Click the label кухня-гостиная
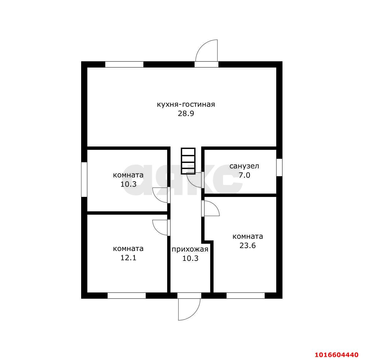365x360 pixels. click(x=186, y=105)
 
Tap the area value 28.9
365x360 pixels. click(x=186, y=114)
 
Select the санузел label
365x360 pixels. click(x=244, y=166)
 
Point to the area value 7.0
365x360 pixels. click(x=244, y=175)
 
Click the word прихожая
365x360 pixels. click(x=190, y=249)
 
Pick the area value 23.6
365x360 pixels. click(x=248, y=245)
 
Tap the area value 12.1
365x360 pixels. click(x=128, y=258)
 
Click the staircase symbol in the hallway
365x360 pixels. click(x=188, y=161)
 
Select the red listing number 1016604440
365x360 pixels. click(x=336, y=355)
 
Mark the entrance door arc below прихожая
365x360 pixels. click(x=195, y=315)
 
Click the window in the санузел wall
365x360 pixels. click(x=279, y=167)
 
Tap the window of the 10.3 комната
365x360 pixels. click(x=84, y=179)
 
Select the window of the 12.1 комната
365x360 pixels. click(x=127, y=295)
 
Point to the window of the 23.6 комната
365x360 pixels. click(x=245, y=295)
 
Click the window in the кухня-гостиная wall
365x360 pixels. click(x=124, y=65)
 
